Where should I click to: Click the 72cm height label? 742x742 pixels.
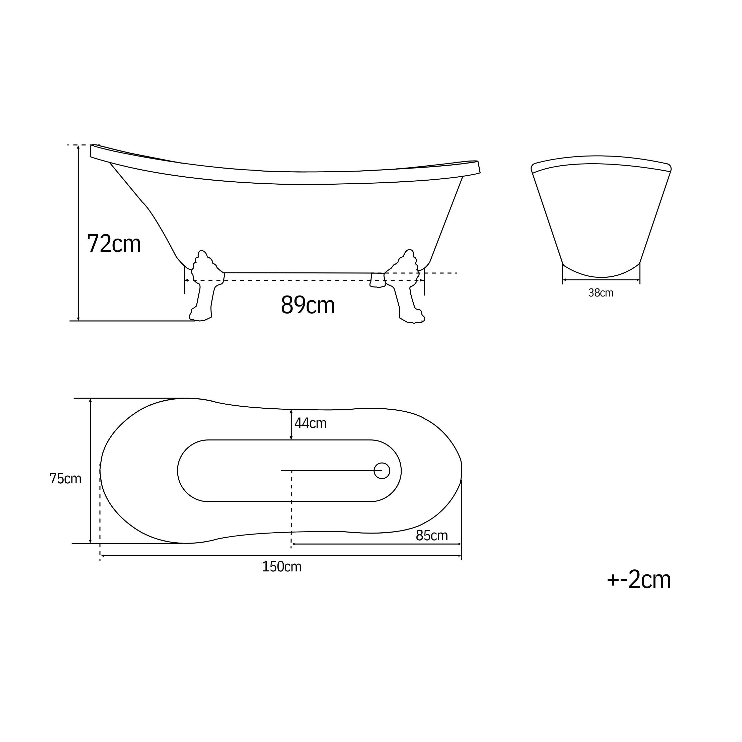point(114,244)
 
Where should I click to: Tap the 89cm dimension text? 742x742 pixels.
point(308,305)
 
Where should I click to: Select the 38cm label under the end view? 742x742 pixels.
point(601,293)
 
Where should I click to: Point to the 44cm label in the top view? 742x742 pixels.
point(310,423)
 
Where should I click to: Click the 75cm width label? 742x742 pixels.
point(65,479)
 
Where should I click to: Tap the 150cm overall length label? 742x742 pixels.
point(281,567)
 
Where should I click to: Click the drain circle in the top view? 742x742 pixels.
point(382,471)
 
